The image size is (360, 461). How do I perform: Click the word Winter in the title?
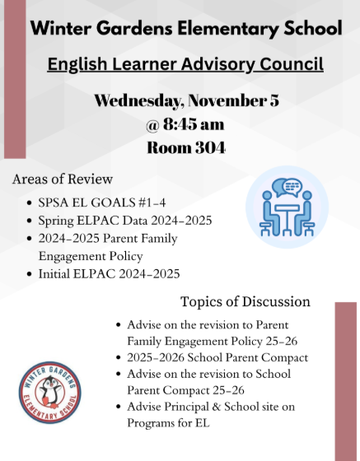click(60, 29)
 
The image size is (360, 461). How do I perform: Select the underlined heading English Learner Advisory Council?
click(185, 63)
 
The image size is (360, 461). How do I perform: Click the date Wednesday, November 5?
click(186, 101)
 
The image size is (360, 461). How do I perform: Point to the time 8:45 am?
click(195, 125)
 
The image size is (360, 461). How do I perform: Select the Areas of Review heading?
click(63, 179)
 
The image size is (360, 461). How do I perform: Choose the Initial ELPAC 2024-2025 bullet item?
click(109, 273)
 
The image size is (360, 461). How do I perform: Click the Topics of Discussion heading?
click(245, 301)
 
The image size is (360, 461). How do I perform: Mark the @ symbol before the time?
click(154, 125)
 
